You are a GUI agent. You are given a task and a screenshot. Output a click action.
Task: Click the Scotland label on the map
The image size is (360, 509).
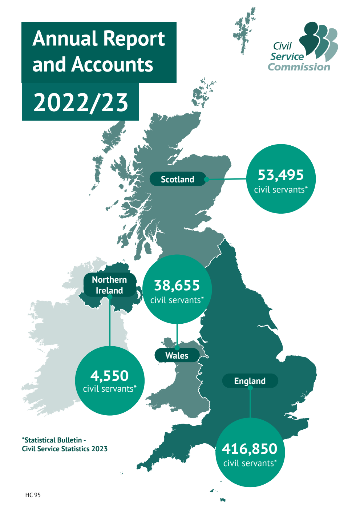(178, 179)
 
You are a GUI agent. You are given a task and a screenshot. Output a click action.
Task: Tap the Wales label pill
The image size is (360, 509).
(177, 355)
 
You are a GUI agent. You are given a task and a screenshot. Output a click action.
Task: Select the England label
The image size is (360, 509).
(250, 381)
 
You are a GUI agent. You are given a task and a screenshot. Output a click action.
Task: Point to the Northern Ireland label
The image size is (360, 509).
(109, 285)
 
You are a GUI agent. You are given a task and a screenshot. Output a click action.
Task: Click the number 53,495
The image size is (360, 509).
(280, 175)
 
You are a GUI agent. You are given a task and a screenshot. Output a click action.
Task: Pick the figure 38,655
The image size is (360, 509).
(177, 286)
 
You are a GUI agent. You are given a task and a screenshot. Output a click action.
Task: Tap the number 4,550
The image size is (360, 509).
(109, 376)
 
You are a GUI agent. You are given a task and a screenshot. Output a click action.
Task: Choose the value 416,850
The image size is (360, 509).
(250, 449)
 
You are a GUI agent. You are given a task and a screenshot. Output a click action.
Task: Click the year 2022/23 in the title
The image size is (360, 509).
(81, 102)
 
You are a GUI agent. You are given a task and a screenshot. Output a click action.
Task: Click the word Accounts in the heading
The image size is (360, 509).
(112, 65)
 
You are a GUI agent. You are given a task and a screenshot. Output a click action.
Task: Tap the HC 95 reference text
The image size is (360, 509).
(33, 495)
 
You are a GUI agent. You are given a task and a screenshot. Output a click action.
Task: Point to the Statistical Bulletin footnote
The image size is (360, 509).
(64, 444)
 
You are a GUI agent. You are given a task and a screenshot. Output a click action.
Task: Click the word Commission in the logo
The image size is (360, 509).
(299, 67)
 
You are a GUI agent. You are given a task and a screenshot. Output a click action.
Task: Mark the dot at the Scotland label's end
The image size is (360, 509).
(206, 179)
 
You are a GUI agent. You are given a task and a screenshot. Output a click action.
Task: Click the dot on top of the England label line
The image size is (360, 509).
(250, 388)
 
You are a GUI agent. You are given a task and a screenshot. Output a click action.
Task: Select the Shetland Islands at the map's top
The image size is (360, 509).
(244, 31)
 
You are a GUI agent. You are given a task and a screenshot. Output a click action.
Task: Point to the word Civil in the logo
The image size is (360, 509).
(282, 46)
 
